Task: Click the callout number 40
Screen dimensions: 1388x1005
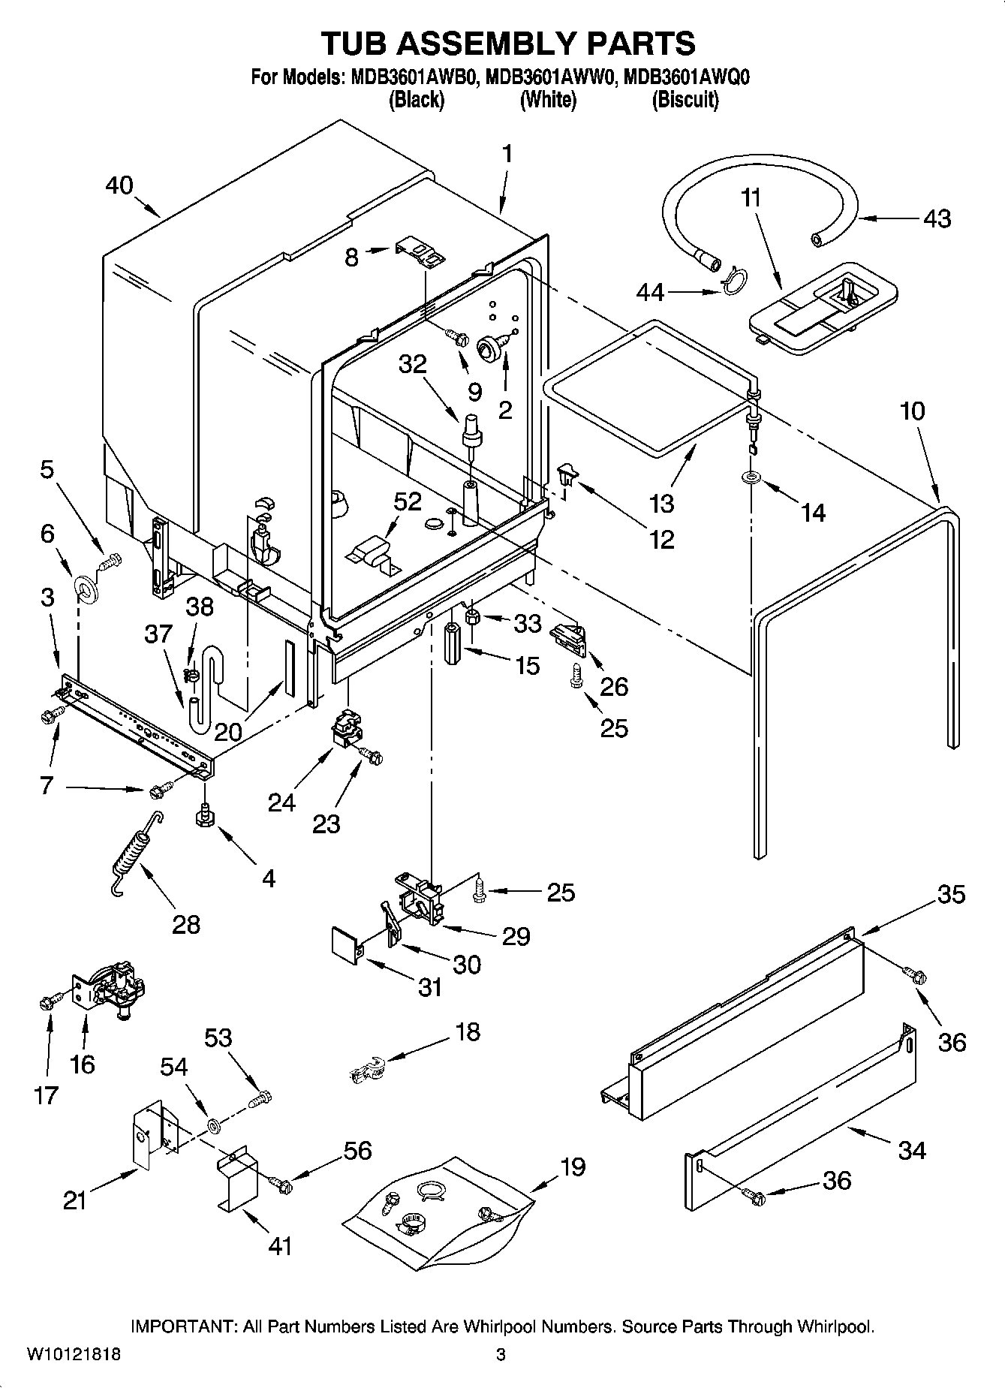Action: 119,185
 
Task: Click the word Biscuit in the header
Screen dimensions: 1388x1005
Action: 685,100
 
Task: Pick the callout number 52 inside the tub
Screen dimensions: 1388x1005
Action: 408,501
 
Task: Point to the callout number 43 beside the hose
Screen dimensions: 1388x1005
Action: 937,218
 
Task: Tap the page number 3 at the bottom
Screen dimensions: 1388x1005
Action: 501,1355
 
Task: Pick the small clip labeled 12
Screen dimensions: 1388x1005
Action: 569,474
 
